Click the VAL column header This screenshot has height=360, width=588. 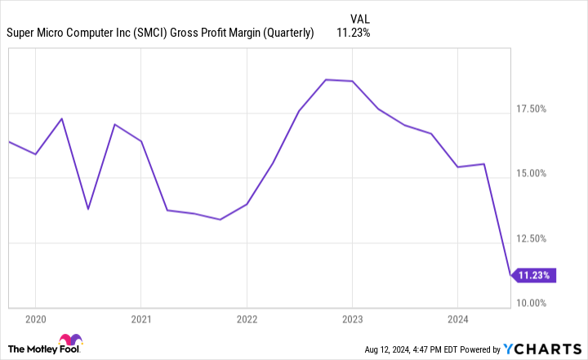(359, 18)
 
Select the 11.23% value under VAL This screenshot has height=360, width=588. (354, 33)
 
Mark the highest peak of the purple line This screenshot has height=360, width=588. (326, 79)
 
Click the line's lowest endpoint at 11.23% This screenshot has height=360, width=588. (510, 275)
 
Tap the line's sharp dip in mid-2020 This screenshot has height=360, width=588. (88, 209)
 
